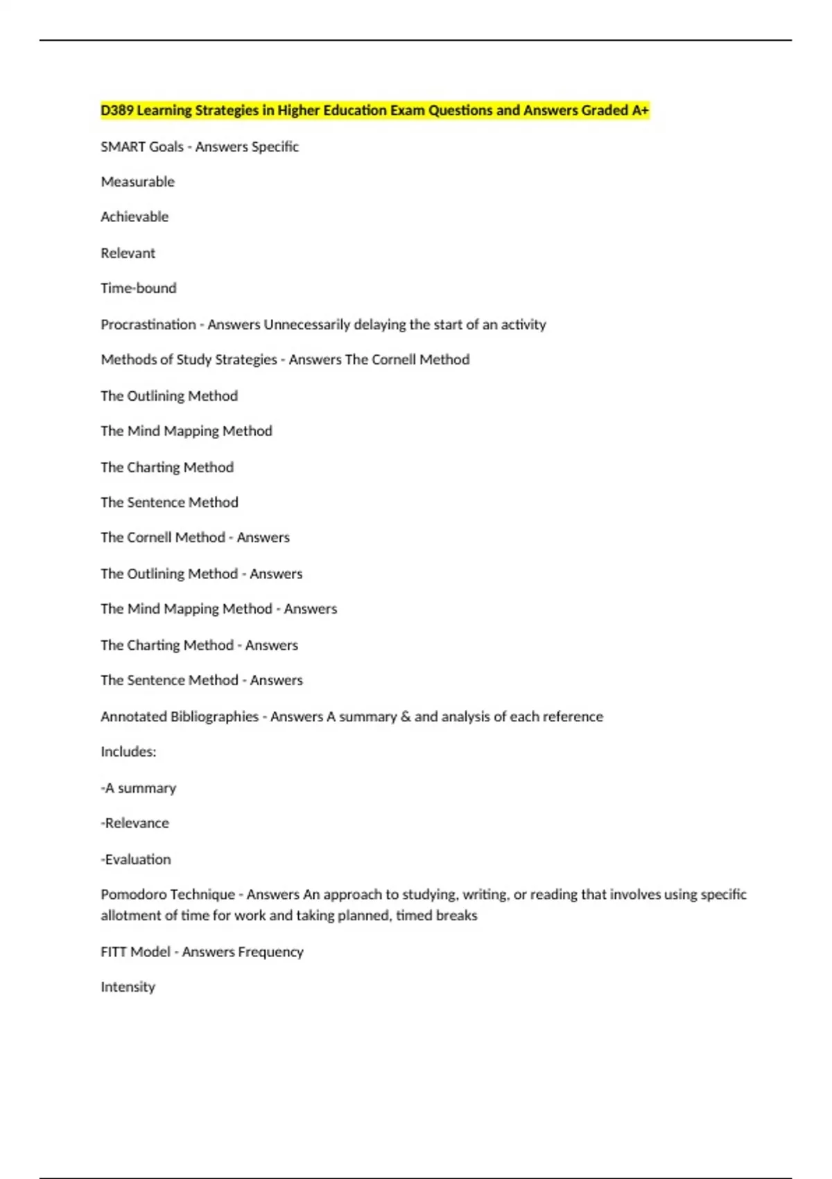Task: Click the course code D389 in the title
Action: [x=117, y=110]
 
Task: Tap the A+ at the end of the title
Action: [x=640, y=110]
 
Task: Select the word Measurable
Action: [x=137, y=182]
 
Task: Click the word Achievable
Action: [x=135, y=217]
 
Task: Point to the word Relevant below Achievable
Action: [x=128, y=253]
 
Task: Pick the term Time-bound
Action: [x=139, y=289]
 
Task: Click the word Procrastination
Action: [x=148, y=325]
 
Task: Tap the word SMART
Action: [x=119, y=147]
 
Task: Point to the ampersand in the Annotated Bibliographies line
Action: [x=406, y=716]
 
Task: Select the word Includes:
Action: [x=128, y=752]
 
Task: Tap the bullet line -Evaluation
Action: [x=136, y=859]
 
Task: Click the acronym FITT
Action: [x=114, y=952]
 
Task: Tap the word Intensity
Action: [x=128, y=987]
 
